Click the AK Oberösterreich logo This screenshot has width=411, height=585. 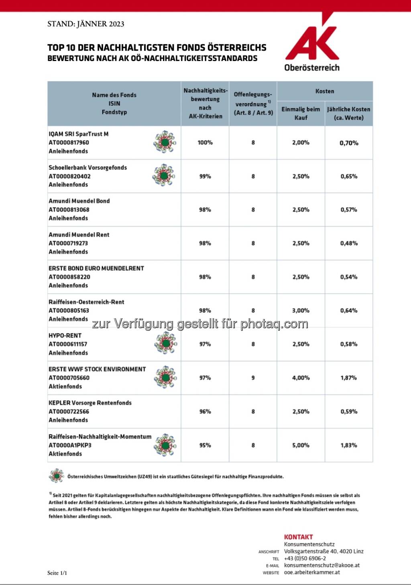(312, 44)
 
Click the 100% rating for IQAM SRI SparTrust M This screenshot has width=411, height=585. (205, 142)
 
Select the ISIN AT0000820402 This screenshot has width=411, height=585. (69, 176)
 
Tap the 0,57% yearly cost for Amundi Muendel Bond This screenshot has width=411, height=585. (349, 209)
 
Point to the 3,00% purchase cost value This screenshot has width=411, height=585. (301, 310)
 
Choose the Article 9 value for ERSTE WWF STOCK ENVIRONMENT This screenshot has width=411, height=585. (253, 378)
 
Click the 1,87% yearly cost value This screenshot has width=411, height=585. (349, 378)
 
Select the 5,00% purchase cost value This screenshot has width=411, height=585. (301, 445)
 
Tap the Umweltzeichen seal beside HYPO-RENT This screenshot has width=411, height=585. (166, 343)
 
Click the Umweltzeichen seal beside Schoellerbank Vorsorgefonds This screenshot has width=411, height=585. (164, 175)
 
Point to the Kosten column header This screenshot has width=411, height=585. (325, 91)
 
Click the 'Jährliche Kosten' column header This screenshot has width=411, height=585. (349, 113)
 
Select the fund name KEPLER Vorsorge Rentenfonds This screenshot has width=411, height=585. (90, 403)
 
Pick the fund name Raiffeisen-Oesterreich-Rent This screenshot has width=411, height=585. (86, 302)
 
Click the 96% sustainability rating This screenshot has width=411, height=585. (205, 411)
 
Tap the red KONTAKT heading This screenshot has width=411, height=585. (298, 537)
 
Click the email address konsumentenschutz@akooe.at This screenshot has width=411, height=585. (322, 565)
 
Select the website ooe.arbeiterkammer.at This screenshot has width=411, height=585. (312, 572)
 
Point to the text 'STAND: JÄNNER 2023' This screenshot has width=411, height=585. (86, 24)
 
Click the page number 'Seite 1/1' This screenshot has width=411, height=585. (57, 573)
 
